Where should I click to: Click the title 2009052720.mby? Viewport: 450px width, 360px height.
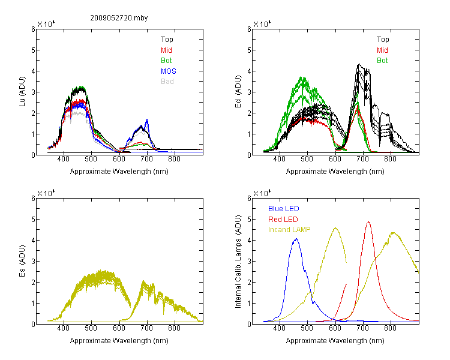pos(119,18)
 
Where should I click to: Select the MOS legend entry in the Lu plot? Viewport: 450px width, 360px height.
pos(169,71)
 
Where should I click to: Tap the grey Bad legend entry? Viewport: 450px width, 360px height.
pos(167,81)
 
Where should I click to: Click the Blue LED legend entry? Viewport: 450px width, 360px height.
pos(284,208)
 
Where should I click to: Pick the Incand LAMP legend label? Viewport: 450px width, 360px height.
pos(289,229)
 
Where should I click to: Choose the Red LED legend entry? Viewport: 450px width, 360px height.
pos(283,219)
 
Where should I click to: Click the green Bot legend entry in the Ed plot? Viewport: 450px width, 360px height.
pos(382,60)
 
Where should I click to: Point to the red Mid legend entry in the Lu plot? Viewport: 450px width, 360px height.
pos(166,50)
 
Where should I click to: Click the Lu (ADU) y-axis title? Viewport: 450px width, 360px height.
pos(22,92)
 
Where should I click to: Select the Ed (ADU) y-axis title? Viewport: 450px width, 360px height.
pos(238,92)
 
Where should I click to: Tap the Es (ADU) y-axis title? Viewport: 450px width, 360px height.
pos(22,261)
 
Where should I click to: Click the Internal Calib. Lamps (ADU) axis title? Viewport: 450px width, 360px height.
pos(238,262)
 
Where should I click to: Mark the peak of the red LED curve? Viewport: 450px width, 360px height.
pos(368,222)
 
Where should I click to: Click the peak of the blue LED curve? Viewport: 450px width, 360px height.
pos(296,239)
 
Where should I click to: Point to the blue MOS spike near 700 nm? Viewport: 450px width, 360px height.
pos(147,120)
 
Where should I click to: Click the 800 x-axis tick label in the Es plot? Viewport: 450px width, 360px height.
pos(174,328)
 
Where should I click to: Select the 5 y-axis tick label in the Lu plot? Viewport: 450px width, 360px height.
pos(33,50)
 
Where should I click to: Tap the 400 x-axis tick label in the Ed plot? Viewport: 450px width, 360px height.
pos(279,158)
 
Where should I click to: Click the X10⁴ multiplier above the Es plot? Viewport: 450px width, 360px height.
pos(46,193)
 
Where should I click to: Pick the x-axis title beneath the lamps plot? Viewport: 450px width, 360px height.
pos(335,340)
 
